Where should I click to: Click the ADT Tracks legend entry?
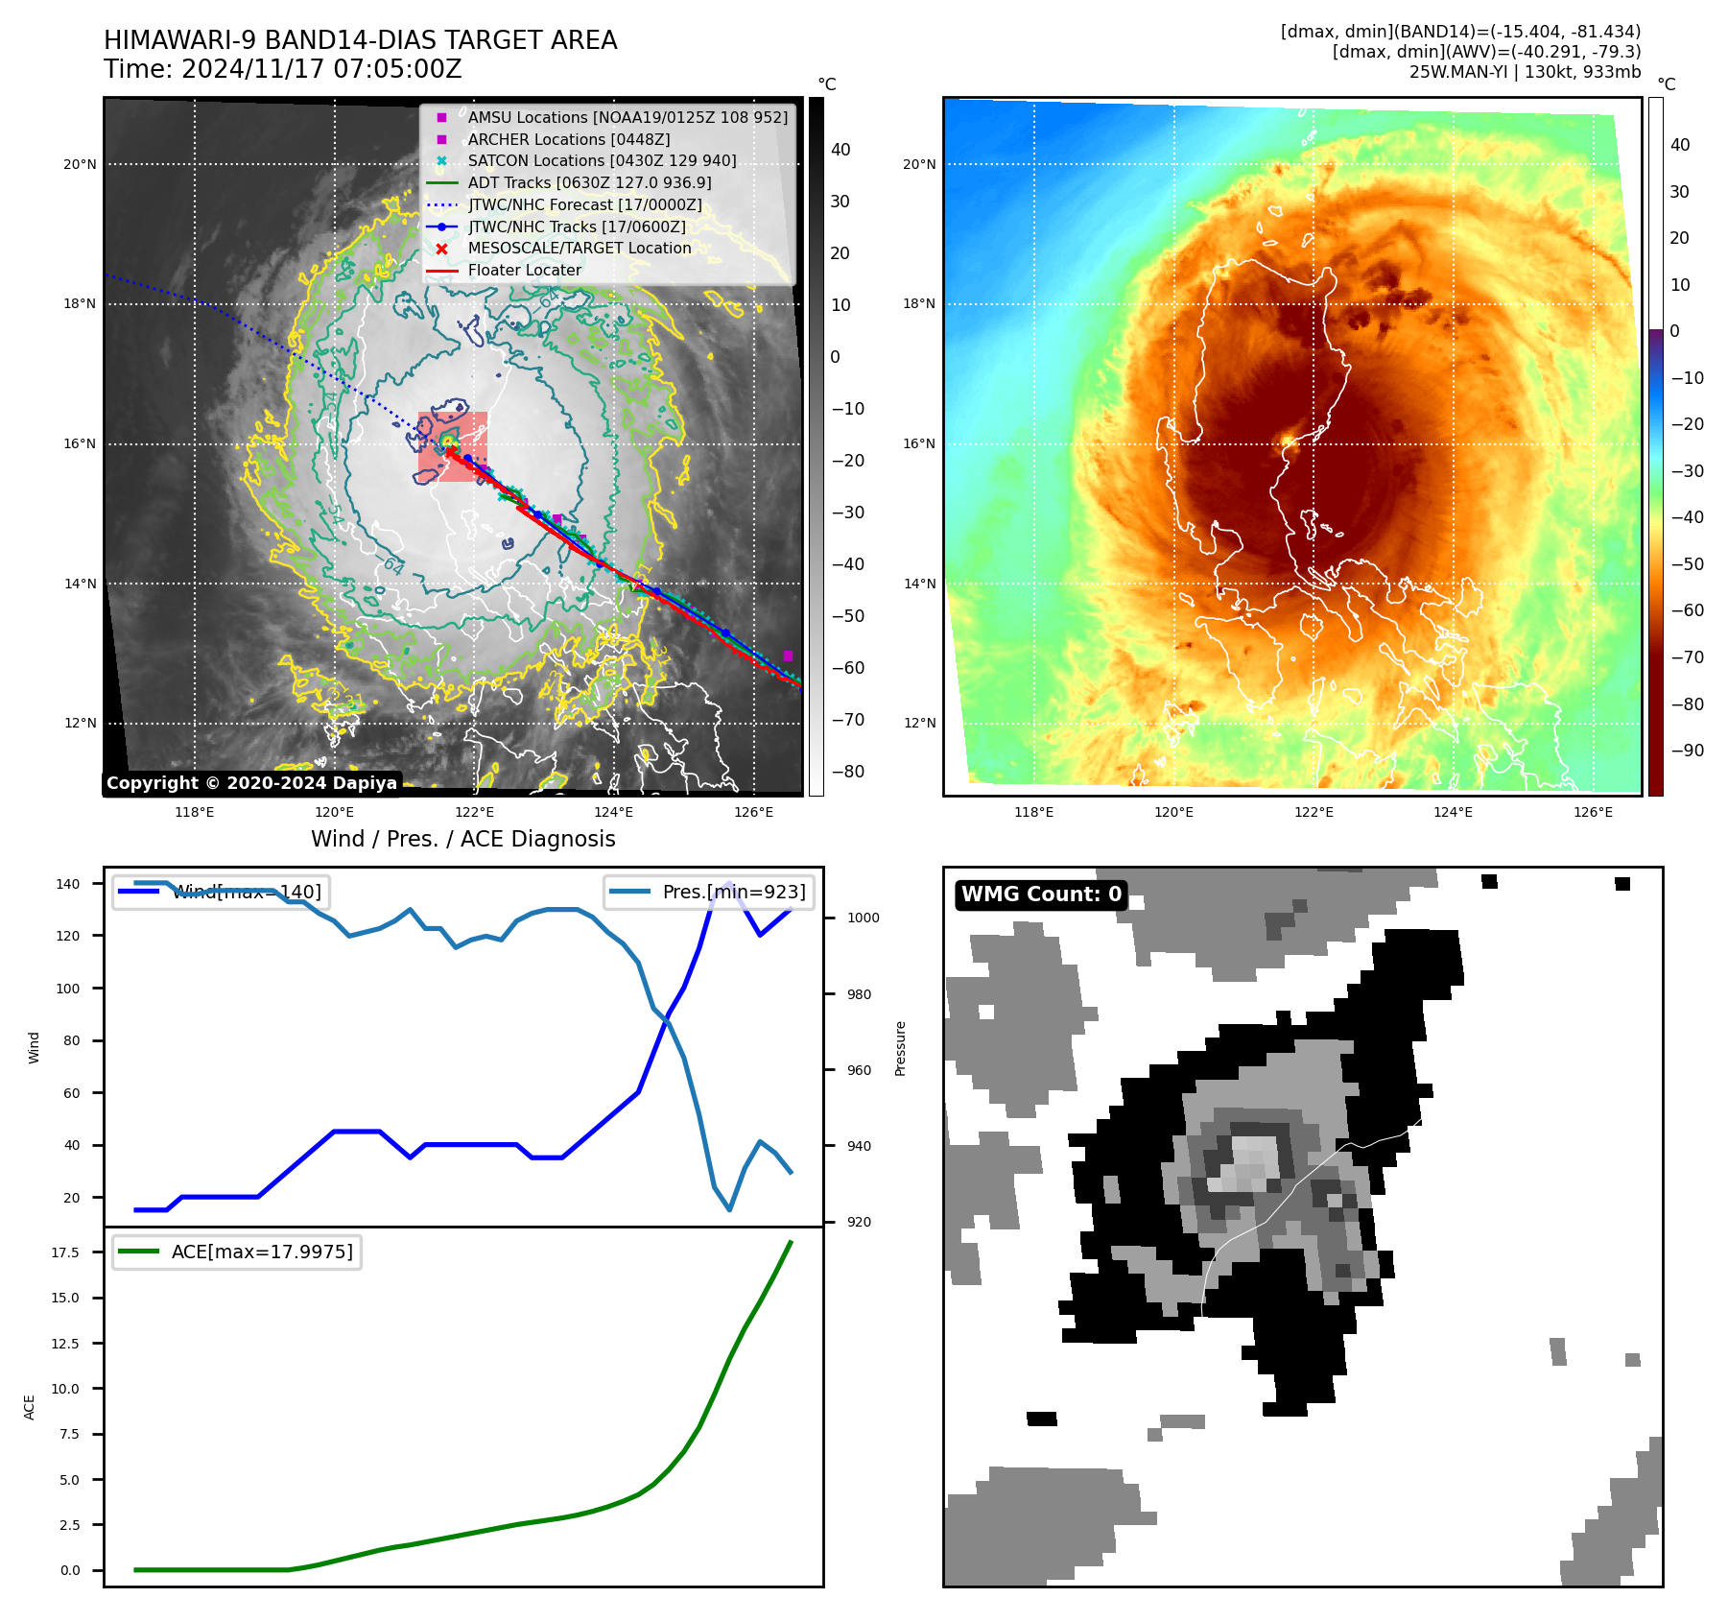point(589,182)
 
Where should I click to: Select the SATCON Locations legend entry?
point(602,160)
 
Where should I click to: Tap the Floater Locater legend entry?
point(524,270)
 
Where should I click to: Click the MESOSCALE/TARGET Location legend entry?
point(579,248)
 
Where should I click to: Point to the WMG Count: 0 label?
point(1041,894)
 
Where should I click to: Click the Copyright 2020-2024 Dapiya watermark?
point(251,783)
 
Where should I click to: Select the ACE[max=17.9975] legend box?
point(237,1252)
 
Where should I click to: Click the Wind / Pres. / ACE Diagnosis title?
point(462,839)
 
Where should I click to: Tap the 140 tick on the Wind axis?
point(68,884)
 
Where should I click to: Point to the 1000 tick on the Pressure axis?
point(863,918)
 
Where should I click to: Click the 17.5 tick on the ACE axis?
point(65,1252)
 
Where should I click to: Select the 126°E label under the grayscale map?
point(753,812)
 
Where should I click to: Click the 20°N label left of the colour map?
point(919,164)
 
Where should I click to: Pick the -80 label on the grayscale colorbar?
point(847,772)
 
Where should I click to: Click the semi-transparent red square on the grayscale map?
point(453,446)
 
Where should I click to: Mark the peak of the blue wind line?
point(729,883)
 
